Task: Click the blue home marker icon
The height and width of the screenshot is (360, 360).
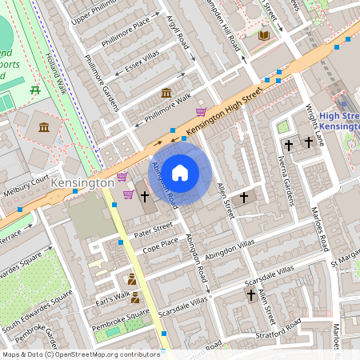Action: [180, 172]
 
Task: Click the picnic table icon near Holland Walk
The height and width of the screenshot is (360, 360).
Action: [35, 90]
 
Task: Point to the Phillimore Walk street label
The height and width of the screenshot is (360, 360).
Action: [168, 110]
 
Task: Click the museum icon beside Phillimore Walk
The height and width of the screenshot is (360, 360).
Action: [166, 94]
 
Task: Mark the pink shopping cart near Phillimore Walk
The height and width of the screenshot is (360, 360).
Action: [201, 111]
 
